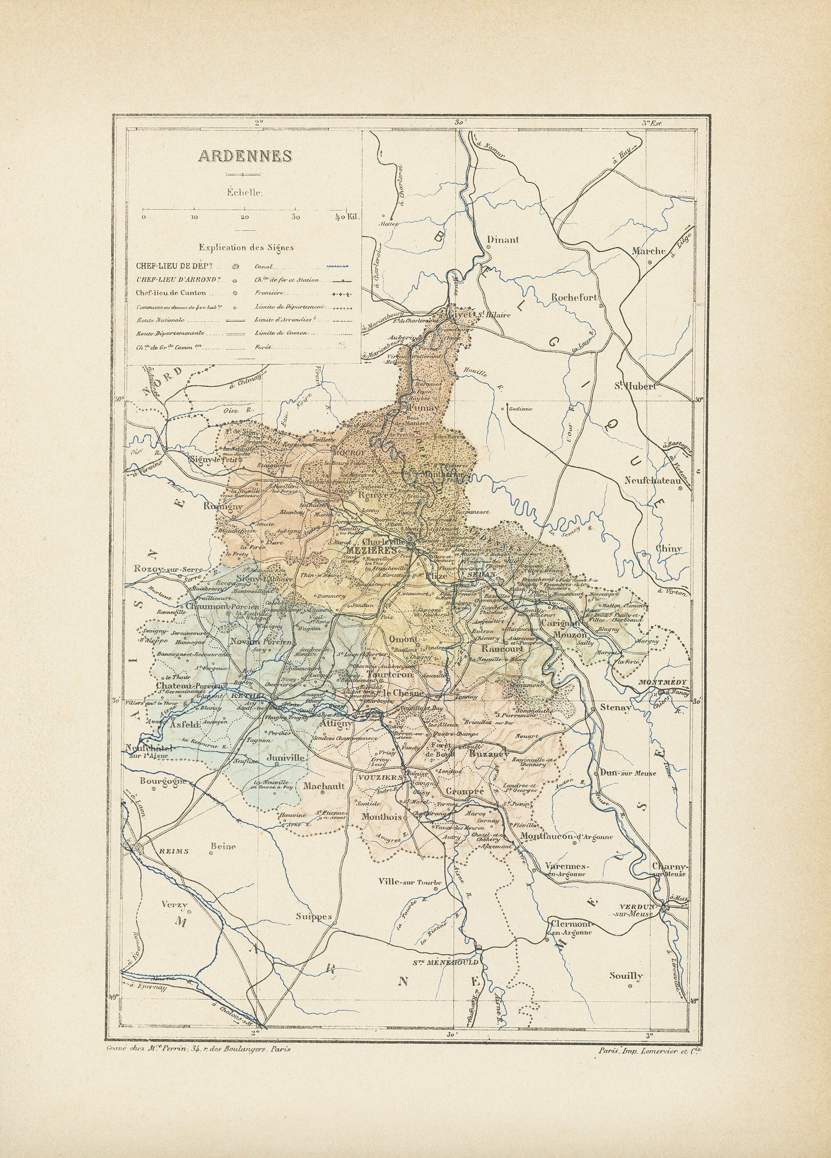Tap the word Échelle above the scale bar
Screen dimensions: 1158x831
[x=245, y=192]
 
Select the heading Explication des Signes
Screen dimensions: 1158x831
[x=246, y=248]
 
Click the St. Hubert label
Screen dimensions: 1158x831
[x=635, y=386]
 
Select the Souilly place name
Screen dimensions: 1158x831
[x=626, y=975]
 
